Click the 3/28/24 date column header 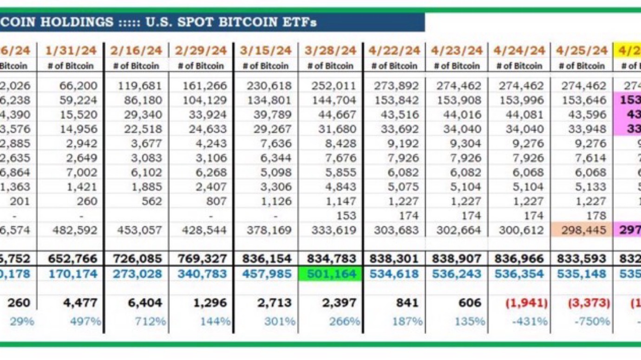point(330,50)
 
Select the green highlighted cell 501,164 point(330,274)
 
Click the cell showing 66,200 point(78,85)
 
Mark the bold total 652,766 point(72,258)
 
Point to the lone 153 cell point(347,216)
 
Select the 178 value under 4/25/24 point(597,216)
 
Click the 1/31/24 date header point(71,50)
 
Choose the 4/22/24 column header point(394,50)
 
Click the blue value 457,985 point(267,274)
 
